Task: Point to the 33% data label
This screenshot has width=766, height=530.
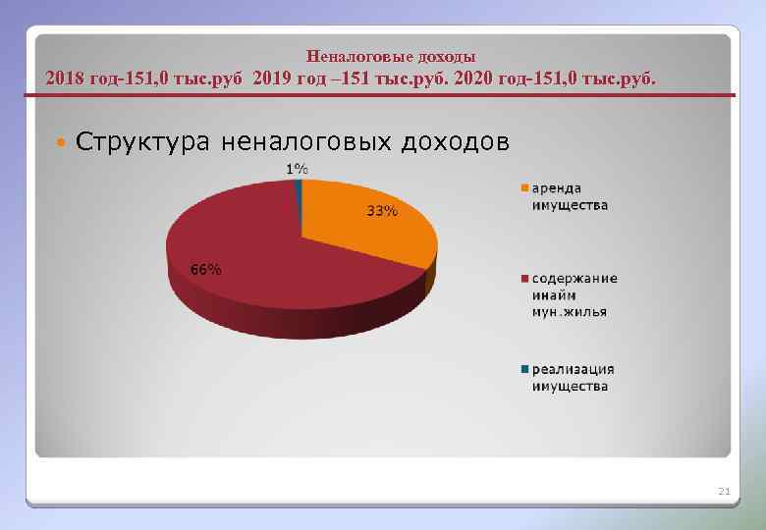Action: pyautogui.click(x=382, y=211)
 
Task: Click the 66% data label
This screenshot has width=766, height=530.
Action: pyautogui.click(x=205, y=270)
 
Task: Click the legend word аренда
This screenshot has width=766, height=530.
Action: pyautogui.click(x=557, y=187)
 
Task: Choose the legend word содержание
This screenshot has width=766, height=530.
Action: pyautogui.click(x=574, y=278)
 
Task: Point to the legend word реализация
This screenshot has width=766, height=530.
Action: pyautogui.click(x=573, y=369)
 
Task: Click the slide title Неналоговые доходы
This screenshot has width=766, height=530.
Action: pyautogui.click(x=391, y=57)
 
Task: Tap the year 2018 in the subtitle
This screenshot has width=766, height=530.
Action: pyautogui.click(x=67, y=78)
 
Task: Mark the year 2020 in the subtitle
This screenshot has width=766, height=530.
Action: pyautogui.click(x=476, y=78)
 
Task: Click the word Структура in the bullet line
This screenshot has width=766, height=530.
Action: pyautogui.click(x=141, y=142)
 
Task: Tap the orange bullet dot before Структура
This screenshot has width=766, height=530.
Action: pyautogui.click(x=61, y=143)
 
